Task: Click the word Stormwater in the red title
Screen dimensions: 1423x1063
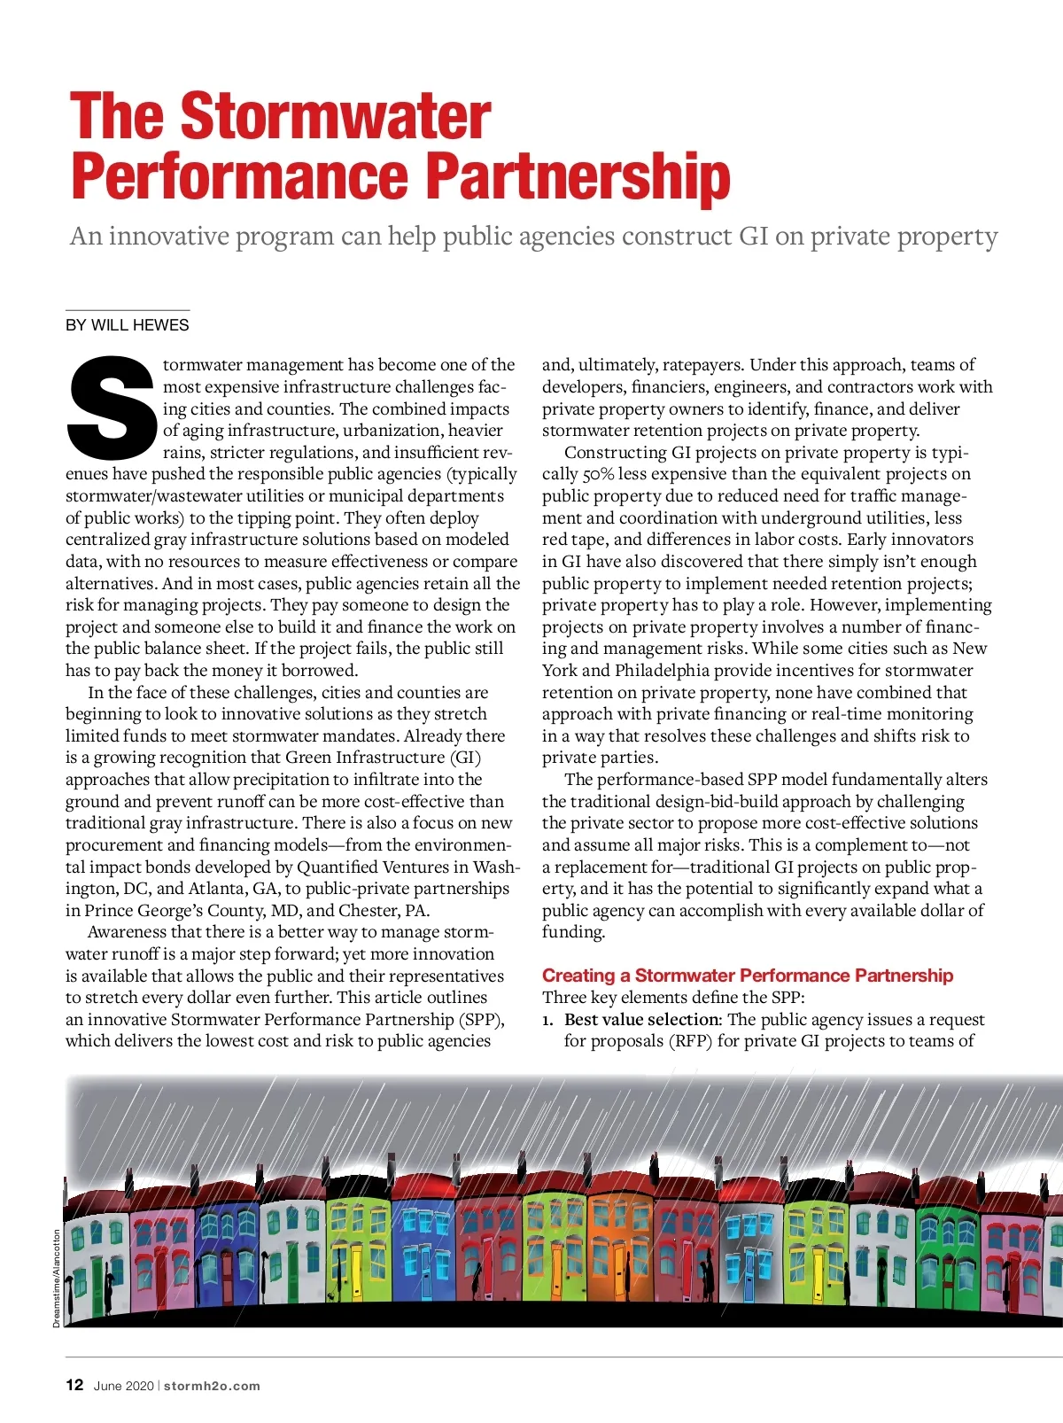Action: (x=336, y=116)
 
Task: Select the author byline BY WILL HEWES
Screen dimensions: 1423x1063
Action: (x=128, y=325)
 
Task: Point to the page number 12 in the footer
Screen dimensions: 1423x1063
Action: (x=74, y=1385)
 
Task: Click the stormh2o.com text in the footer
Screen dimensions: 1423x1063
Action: (x=212, y=1386)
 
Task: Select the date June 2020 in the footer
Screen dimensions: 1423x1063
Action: (x=123, y=1386)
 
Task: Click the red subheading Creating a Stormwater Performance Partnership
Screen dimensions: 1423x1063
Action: (x=747, y=976)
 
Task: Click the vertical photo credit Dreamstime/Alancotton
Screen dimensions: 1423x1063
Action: (x=57, y=1277)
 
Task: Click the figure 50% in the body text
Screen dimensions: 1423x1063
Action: (x=598, y=474)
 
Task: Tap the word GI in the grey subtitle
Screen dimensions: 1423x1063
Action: (x=753, y=237)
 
